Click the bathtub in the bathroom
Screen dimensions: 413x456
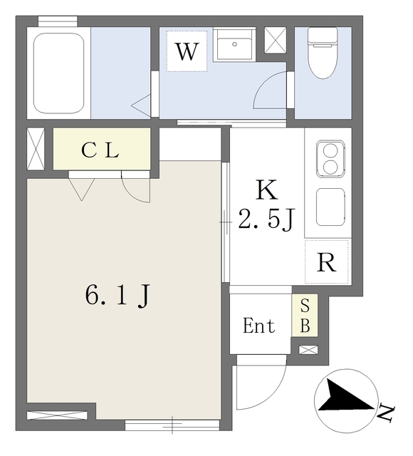(58, 73)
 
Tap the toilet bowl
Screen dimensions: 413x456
(323, 61)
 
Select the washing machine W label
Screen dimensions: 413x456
(187, 51)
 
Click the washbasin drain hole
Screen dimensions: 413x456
(234, 44)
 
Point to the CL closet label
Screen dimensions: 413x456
(100, 150)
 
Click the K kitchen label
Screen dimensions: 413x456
(267, 190)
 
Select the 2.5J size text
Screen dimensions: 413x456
(266, 219)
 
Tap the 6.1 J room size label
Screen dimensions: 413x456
(117, 295)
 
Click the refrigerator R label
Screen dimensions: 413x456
(327, 263)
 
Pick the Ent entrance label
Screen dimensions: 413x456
(258, 326)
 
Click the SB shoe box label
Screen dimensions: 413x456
(305, 316)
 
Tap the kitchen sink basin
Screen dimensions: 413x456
(330, 207)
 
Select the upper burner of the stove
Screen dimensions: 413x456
(330, 151)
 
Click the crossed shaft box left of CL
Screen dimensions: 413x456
(36, 149)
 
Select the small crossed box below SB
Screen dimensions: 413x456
(308, 350)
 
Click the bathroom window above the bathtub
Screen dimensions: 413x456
(58, 21)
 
